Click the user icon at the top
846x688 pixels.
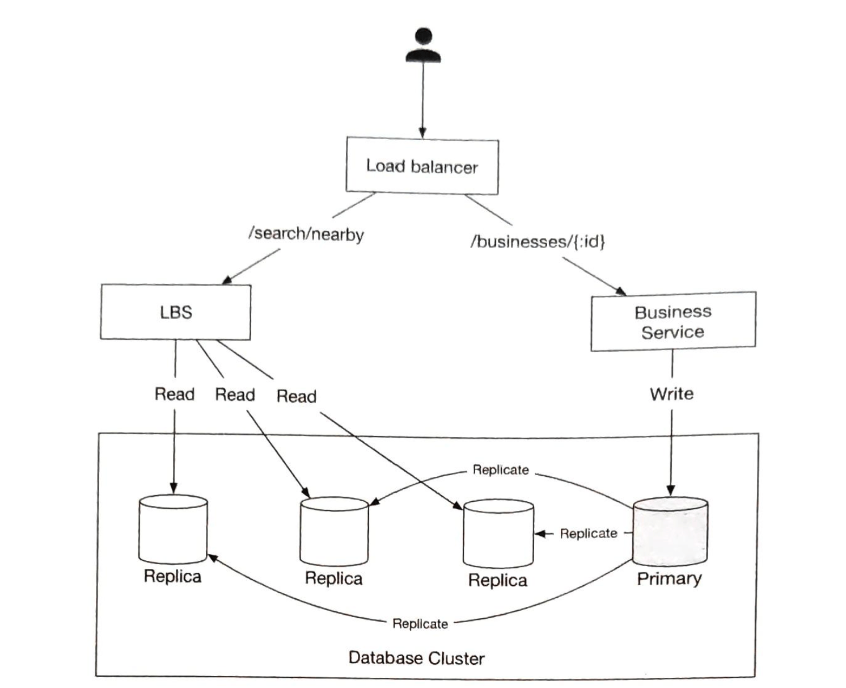[x=423, y=45]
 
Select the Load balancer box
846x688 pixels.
[x=422, y=166]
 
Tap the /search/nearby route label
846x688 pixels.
[x=306, y=234]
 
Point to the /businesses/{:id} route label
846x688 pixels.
[x=538, y=242]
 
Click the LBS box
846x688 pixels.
[x=176, y=312]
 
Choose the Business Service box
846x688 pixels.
[x=673, y=321]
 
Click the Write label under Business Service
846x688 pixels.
[x=671, y=394]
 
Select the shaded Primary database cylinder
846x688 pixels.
[x=670, y=532]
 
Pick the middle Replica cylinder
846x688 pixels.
[x=334, y=532]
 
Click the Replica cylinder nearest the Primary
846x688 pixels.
[x=498, y=534]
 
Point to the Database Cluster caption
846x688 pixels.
[x=416, y=658]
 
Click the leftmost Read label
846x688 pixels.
[x=174, y=394]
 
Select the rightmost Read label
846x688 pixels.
[x=296, y=396]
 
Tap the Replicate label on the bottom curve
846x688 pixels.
[x=420, y=624]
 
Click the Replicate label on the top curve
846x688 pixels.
[x=501, y=470]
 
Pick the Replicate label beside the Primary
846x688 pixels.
[x=589, y=534]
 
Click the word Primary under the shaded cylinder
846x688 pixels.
[x=669, y=579]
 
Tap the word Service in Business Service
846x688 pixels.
[x=672, y=332]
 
